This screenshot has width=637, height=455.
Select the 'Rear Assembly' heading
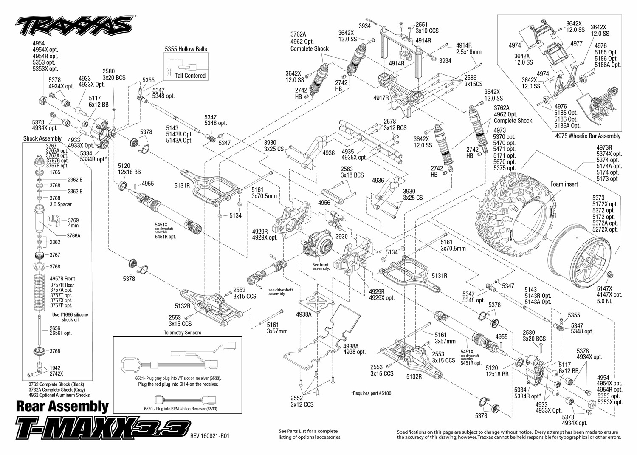coord(62,407)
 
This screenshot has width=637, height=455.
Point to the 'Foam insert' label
coord(564,184)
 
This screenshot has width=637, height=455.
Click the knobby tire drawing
coord(510,204)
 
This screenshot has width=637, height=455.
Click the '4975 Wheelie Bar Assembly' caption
coord(588,136)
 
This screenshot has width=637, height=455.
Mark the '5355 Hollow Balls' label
coord(186,49)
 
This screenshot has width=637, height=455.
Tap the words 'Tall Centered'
coord(190,76)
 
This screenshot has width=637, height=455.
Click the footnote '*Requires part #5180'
coord(371,393)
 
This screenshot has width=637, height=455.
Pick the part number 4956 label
coord(324,203)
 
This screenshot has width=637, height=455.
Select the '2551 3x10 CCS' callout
coord(427,28)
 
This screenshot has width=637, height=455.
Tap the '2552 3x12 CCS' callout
coord(302,401)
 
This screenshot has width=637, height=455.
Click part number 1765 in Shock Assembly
coord(55,172)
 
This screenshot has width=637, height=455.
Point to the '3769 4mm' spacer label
coord(73,223)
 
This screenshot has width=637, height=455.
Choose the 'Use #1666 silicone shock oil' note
coord(70,317)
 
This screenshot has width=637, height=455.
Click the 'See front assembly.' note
coord(321,266)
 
